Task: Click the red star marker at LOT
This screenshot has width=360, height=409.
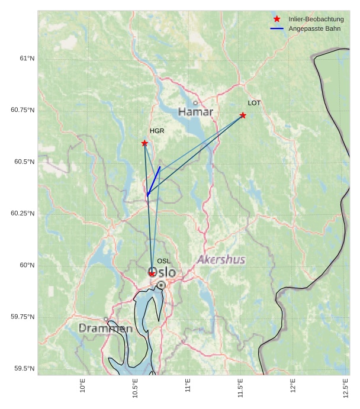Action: pyautogui.click(x=243, y=115)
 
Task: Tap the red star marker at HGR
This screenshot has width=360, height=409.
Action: pyautogui.click(x=144, y=143)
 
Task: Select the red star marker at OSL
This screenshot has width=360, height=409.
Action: pyautogui.click(x=152, y=273)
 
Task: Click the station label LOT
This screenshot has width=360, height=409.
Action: pyautogui.click(x=254, y=103)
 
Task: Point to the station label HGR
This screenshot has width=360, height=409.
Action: pyautogui.click(x=157, y=131)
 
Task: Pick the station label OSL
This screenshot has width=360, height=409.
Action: pyautogui.click(x=163, y=261)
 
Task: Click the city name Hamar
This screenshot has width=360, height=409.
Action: pyautogui.click(x=195, y=112)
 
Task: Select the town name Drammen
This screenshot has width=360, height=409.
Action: pyautogui.click(x=105, y=328)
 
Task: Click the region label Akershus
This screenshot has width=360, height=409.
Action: pyautogui.click(x=221, y=260)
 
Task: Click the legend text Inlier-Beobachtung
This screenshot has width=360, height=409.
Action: pyautogui.click(x=316, y=20)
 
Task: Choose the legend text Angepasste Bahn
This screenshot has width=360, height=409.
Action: pyautogui.click(x=314, y=28)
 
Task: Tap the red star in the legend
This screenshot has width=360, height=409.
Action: pyautogui.click(x=277, y=19)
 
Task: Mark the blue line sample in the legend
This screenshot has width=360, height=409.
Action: pyautogui.click(x=277, y=28)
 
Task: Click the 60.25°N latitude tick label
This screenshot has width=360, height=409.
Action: pyautogui.click(x=22, y=213)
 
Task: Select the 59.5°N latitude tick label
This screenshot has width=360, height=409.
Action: pyautogui.click(x=24, y=369)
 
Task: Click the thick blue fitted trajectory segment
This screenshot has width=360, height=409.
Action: pyautogui.click(x=153, y=181)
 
